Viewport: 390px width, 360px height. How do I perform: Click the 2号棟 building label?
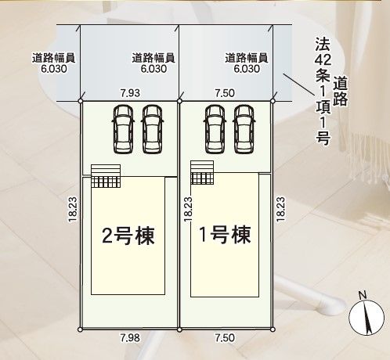pyautogui.click(x=128, y=236)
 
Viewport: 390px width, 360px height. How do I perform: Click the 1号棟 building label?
pyautogui.click(x=225, y=235)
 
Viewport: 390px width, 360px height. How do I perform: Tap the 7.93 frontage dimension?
pyautogui.click(x=130, y=93)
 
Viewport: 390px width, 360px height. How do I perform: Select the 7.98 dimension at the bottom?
pyautogui.click(x=130, y=338)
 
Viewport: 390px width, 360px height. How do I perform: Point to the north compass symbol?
pyautogui.click(x=367, y=317)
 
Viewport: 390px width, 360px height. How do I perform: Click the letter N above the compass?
pyautogui.click(x=363, y=295)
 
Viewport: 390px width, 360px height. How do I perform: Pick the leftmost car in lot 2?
pyautogui.click(x=123, y=129)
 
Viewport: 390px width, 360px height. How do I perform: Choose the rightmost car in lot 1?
pyautogui.click(x=244, y=129)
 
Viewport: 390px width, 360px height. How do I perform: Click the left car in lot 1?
pyautogui.click(x=215, y=129)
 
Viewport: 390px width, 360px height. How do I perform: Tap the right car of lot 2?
pyautogui.click(x=152, y=129)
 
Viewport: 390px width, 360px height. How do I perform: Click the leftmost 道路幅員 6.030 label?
pyautogui.click(x=54, y=63)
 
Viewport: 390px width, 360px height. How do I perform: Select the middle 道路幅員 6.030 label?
pyautogui.click(x=153, y=63)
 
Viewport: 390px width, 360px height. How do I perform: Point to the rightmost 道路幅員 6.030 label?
pyautogui.click(x=247, y=63)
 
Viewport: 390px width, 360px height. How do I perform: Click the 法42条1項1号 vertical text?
pyautogui.click(x=323, y=91)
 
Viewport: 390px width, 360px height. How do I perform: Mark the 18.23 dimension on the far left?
pyautogui.click(x=73, y=209)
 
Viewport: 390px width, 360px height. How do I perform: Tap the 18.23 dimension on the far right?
pyautogui.click(x=280, y=209)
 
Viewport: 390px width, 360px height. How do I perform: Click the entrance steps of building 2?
pyautogui.click(x=106, y=176)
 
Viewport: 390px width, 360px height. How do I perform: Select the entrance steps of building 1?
pyautogui.click(x=202, y=172)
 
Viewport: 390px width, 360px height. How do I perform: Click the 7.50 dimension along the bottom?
pyautogui.click(x=225, y=338)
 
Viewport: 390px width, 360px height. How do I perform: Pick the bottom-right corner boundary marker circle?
pyautogui.click(x=273, y=329)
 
